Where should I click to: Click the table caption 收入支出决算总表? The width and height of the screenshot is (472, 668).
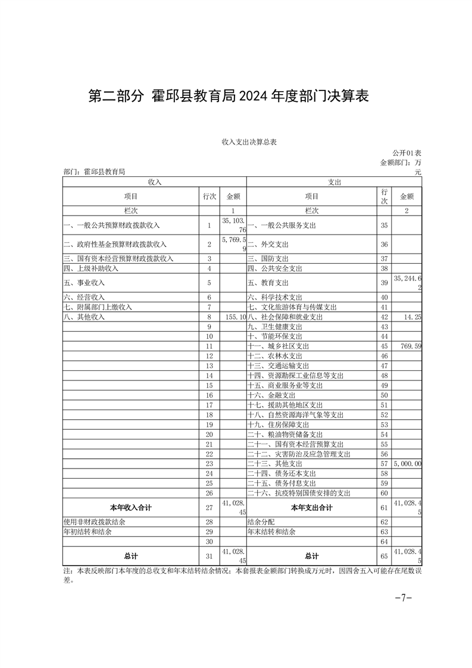[x=250, y=142]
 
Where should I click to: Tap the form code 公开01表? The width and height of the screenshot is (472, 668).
[x=407, y=154]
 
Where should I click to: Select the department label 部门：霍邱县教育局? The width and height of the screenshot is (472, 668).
[x=94, y=171]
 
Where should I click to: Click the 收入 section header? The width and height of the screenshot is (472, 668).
[x=154, y=181]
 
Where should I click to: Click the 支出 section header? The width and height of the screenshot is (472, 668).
[x=334, y=181]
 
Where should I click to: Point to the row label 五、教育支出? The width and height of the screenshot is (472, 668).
[x=268, y=283]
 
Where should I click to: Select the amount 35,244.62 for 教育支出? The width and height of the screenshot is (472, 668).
[x=408, y=283]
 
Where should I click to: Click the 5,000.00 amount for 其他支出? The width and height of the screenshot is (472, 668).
[x=408, y=463]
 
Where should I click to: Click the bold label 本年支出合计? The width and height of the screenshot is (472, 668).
[x=311, y=507]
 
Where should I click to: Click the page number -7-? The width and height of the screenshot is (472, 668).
[x=404, y=598]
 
